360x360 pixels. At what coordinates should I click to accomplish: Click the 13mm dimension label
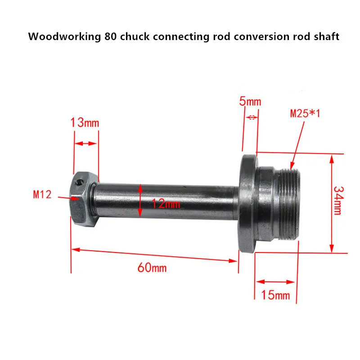pos(84,122)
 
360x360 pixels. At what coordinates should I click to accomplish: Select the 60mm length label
pos(152,268)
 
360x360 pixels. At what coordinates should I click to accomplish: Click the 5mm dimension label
pos(250,102)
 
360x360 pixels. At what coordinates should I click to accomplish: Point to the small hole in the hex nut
pos(79,182)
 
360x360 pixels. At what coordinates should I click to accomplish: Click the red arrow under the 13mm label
pos(85,144)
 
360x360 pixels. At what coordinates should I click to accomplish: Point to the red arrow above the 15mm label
pos(275,282)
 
